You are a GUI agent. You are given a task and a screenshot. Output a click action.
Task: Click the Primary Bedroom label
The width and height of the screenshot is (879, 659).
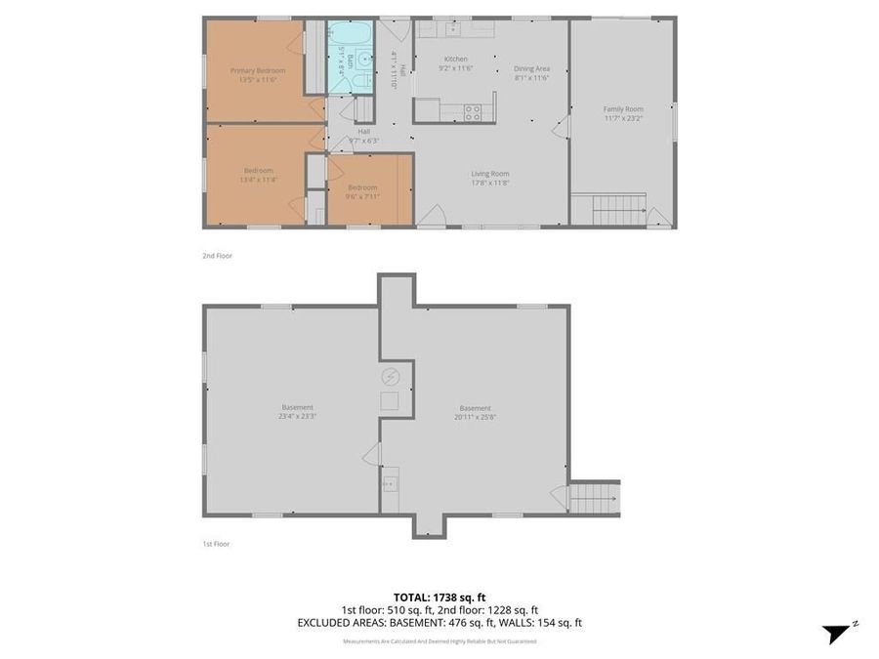click(x=258, y=70)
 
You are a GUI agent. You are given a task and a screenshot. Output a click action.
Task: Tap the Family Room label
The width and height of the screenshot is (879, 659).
click(x=622, y=108)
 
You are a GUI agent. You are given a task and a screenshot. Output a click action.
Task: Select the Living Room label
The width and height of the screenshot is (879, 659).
click(x=490, y=174)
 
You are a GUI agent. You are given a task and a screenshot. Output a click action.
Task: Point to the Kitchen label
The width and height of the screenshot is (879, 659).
click(x=456, y=59)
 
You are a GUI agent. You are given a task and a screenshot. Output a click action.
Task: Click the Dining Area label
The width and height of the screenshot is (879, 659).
click(x=532, y=68)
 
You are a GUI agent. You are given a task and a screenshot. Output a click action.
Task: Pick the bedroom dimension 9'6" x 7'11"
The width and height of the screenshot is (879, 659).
click(x=362, y=195)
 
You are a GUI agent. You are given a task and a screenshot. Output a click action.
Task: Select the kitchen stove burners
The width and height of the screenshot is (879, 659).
click(x=473, y=111)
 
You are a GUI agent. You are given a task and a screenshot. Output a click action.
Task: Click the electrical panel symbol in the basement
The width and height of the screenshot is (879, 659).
click(x=390, y=377)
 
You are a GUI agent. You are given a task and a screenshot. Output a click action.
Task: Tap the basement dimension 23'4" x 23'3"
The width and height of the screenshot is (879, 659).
click(x=297, y=416)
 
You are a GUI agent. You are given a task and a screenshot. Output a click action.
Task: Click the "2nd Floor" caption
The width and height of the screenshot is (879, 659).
click(x=217, y=256)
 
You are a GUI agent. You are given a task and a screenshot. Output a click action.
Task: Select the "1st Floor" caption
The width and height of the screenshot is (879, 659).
click(x=216, y=544)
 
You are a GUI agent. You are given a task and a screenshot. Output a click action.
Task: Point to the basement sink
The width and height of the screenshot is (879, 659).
click(x=391, y=480)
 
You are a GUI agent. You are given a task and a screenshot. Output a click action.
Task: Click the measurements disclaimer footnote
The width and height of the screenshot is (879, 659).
click(x=439, y=641)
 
